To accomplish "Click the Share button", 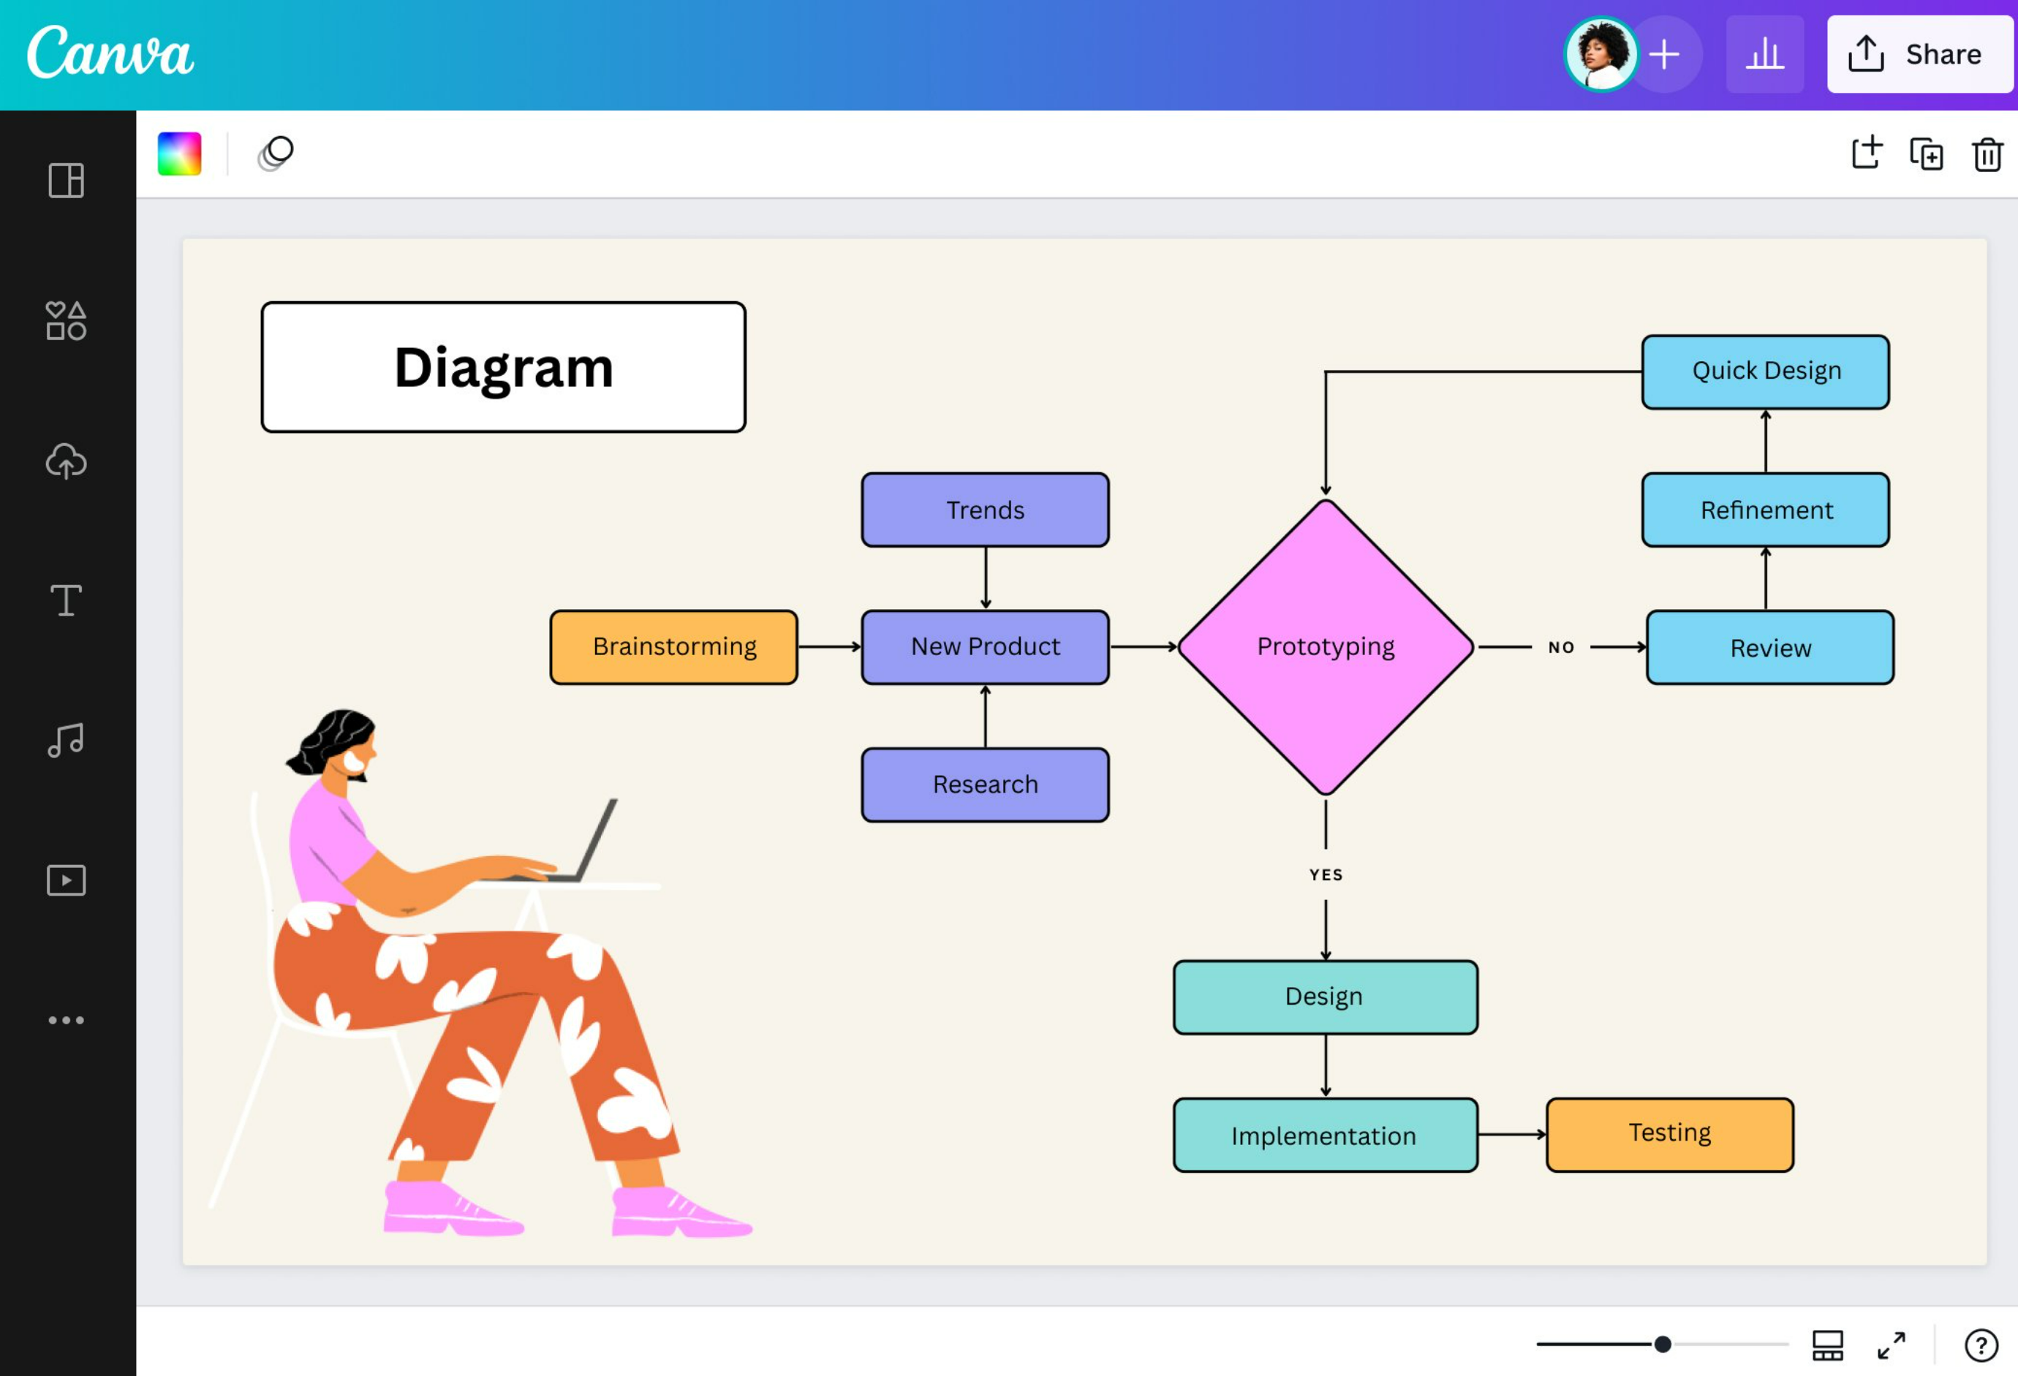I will tap(1919, 54).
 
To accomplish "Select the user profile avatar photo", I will tap(1601, 54).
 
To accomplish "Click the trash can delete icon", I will tap(1987, 154).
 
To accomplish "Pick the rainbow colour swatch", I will tap(179, 154).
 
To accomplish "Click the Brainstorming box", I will tap(674, 647).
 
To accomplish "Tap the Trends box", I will tap(985, 510).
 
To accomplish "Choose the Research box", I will tap(985, 784).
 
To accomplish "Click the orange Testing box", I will tap(1669, 1134).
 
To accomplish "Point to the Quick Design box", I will tap(1764, 371).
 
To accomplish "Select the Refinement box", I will tap(1764, 510).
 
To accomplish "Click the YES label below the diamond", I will tap(1325, 874).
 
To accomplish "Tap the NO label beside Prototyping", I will tap(1560, 647).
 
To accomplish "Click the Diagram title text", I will tap(504, 367).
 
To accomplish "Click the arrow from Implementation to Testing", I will tap(1511, 1134).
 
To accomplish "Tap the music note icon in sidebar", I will tap(66, 741).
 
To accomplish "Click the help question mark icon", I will tap(1981, 1345).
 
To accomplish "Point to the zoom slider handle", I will tap(1662, 1344).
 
